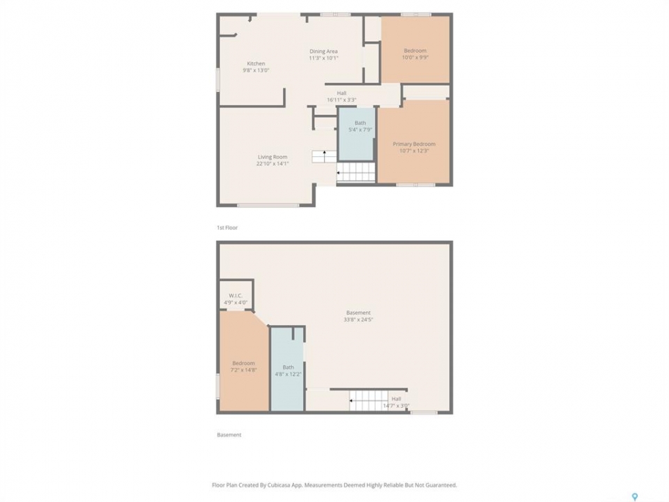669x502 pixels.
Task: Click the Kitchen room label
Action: click(256, 63)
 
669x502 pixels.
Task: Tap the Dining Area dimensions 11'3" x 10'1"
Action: click(323, 58)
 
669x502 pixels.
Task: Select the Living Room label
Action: click(272, 157)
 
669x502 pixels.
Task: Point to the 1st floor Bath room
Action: click(357, 134)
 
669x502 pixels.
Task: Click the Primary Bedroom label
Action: click(414, 144)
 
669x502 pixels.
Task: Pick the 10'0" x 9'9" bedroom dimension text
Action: click(415, 57)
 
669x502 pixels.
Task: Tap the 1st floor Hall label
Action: click(341, 93)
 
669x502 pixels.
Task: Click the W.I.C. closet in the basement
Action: click(236, 295)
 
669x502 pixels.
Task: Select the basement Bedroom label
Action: click(244, 363)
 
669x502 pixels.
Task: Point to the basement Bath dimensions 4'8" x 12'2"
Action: click(288, 374)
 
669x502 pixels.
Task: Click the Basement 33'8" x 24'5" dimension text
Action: click(358, 319)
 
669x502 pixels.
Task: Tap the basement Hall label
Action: click(397, 399)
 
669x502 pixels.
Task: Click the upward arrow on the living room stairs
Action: click(325, 155)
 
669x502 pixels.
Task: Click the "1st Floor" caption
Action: click(227, 227)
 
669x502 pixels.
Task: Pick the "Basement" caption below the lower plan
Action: click(229, 434)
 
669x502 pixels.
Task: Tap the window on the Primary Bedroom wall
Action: click(415, 185)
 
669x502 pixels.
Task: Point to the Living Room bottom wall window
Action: click(268, 205)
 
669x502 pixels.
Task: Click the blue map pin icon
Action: click(635, 496)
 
